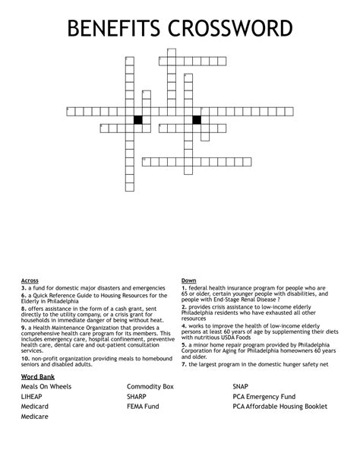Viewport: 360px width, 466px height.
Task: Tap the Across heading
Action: pyautogui.click(x=30, y=281)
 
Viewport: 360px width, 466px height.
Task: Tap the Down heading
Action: pyautogui.click(x=188, y=281)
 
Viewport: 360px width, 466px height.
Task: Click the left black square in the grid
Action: pyautogui.click(x=138, y=119)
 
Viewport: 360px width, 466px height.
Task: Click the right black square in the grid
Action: pyautogui.click(x=197, y=119)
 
